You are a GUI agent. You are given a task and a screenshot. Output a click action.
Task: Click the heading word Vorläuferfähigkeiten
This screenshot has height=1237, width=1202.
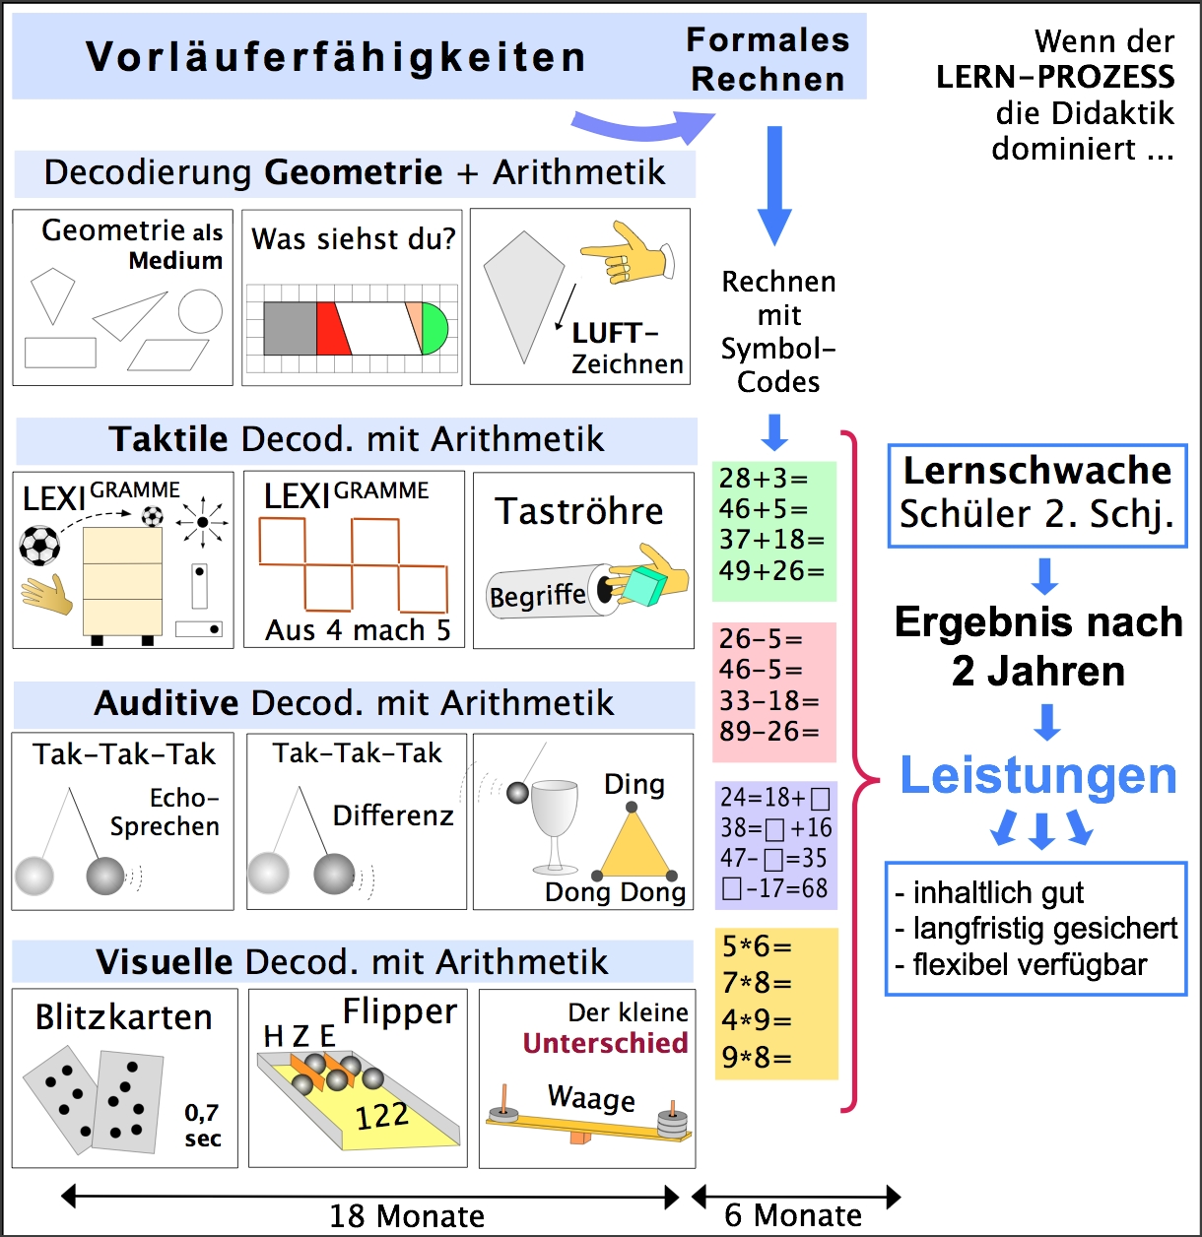(x=336, y=56)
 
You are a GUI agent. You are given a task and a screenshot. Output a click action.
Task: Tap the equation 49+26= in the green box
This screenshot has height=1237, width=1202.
(x=771, y=570)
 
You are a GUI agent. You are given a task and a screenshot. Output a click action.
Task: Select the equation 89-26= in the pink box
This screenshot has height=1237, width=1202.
(x=769, y=732)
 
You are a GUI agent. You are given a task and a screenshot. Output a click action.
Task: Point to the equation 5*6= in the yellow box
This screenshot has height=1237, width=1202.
(x=757, y=946)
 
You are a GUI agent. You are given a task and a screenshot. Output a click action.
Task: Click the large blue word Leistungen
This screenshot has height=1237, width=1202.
(x=1038, y=776)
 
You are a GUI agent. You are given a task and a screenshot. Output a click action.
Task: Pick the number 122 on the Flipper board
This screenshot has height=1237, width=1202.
(x=382, y=1116)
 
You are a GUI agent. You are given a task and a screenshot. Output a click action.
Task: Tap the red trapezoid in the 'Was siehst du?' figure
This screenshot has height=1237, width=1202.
(x=333, y=329)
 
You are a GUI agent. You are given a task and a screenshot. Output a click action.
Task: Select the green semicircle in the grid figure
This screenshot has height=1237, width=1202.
(x=435, y=329)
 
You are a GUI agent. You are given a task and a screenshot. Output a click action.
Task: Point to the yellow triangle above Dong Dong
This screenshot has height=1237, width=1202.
(x=634, y=848)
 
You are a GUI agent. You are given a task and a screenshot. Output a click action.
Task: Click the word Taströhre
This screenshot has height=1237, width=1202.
(x=579, y=511)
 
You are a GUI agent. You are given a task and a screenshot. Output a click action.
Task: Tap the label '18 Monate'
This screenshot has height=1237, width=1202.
(x=407, y=1216)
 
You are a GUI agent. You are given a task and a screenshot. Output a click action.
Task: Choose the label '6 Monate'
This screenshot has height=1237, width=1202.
(x=793, y=1215)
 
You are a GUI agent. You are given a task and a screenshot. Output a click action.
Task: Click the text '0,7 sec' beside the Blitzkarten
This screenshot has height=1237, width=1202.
(x=202, y=1125)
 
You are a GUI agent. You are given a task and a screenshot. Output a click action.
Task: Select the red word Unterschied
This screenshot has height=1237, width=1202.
(x=605, y=1043)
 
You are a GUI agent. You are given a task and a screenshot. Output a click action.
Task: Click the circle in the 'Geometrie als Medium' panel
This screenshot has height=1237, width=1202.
(x=200, y=311)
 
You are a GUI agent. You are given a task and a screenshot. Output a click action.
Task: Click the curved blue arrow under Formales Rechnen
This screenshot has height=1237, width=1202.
(x=641, y=126)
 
